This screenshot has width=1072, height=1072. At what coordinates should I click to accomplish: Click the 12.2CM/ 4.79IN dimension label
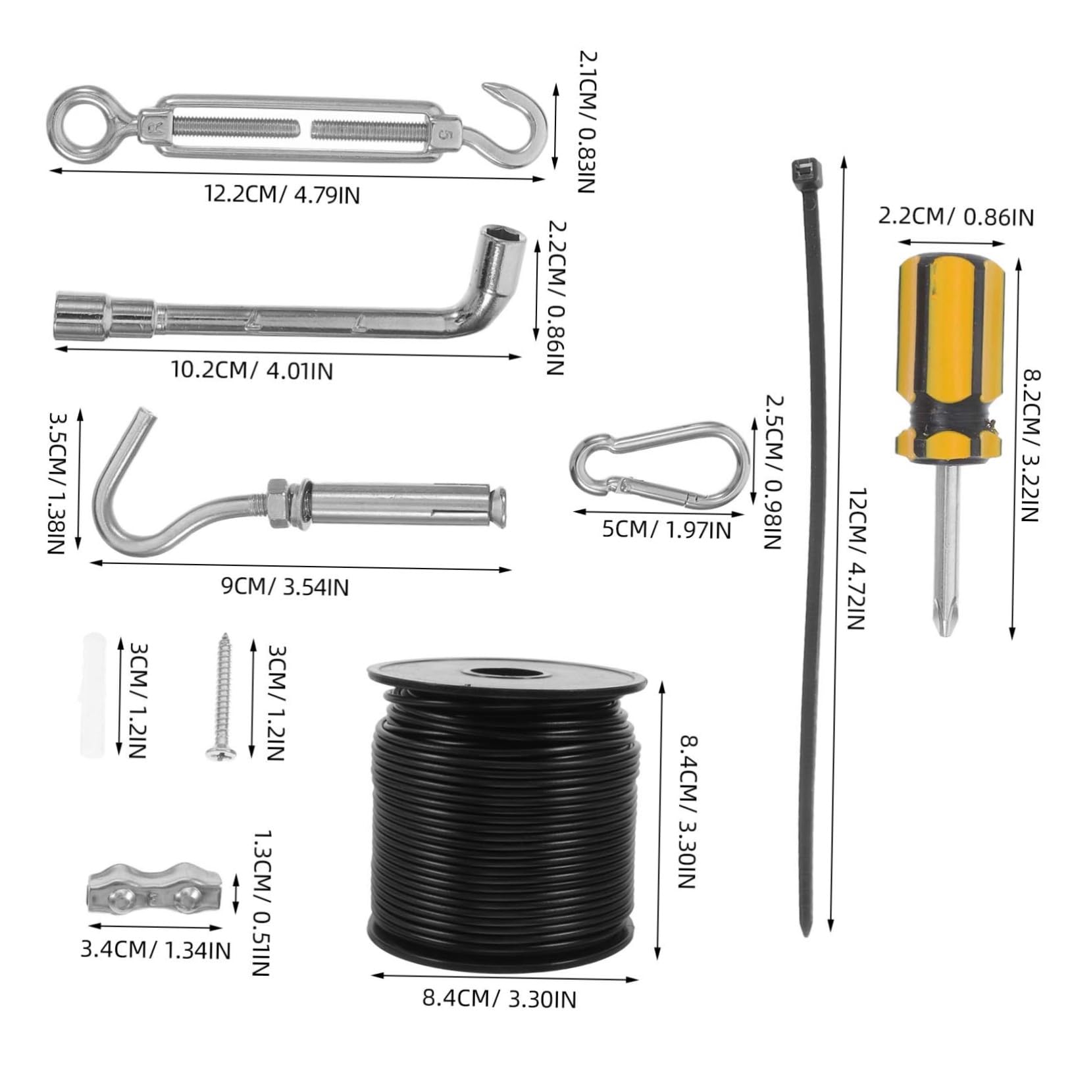(282, 195)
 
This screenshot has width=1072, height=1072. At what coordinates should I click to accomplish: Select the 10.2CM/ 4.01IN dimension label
(253, 370)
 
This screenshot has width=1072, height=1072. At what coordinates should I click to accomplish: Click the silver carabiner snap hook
(660, 464)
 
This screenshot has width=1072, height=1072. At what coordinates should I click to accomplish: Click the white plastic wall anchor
(93, 701)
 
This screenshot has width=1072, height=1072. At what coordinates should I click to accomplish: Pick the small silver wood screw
(221, 698)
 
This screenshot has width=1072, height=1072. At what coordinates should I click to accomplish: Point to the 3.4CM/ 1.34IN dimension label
(155, 948)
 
